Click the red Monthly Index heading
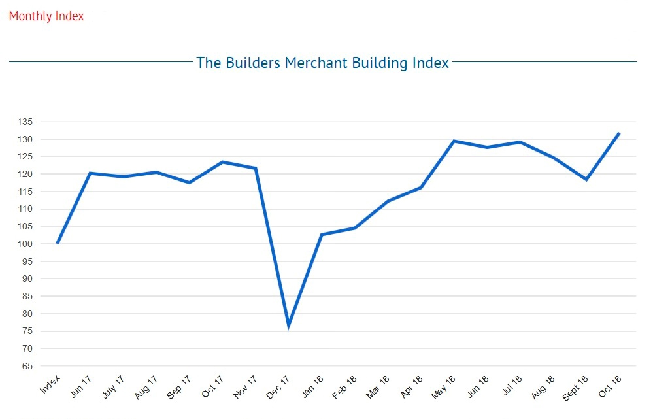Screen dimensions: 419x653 46,16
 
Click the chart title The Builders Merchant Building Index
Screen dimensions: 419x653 322,63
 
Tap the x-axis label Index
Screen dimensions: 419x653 50,385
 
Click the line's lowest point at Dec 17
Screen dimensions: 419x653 288,325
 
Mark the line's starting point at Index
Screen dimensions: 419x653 58,243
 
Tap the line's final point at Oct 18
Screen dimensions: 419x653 619,133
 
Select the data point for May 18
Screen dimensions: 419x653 454,141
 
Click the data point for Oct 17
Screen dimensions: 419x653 222,162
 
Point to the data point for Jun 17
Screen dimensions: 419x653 90,173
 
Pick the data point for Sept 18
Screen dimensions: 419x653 586,180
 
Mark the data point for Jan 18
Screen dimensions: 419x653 322,235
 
